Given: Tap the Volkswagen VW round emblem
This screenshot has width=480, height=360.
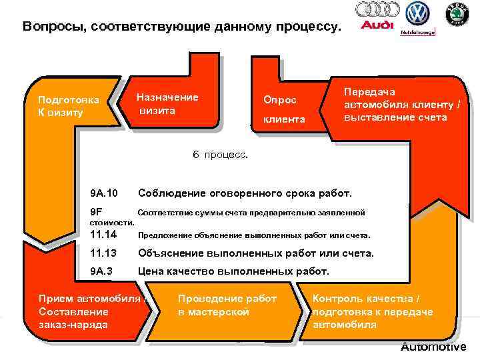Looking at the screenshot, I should (x=417, y=13).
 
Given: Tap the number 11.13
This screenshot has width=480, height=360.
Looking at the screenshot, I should (x=103, y=253).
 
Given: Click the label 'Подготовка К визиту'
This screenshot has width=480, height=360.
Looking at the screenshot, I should (x=69, y=106).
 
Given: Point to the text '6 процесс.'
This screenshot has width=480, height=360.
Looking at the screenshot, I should (x=220, y=154).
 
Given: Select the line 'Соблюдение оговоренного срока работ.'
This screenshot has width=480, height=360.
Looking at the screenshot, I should (x=244, y=193).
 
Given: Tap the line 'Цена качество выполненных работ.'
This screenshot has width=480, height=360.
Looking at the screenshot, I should (x=233, y=271).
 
